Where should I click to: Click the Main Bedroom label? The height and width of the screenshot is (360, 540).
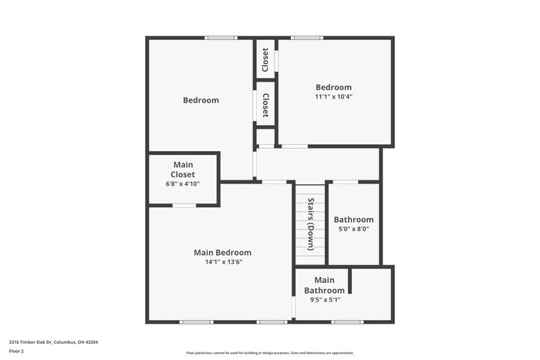coord(222,253)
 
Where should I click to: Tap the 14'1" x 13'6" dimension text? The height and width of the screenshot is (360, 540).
coord(222,262)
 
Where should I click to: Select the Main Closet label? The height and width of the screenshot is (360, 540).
coord(183,170)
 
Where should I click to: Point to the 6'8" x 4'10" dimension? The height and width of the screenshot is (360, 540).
coord(183,183)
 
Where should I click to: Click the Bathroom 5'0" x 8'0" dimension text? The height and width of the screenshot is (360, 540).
coord(353,229)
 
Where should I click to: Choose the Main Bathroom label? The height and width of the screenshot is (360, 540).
coord(324,285)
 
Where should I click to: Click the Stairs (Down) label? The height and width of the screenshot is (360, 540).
coord(311,224)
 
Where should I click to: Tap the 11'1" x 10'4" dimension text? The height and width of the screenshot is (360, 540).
coord(333,97)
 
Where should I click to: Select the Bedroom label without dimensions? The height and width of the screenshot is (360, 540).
coord(201,100)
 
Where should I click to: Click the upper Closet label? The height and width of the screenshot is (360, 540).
coord(265,59)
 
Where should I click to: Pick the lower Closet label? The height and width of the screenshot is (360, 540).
coord(265,105)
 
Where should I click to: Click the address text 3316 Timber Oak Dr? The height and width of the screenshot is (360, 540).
coord(53,341)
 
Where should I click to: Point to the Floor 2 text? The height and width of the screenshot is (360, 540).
coord(16,351)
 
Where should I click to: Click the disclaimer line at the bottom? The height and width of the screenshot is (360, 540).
coord(269,353)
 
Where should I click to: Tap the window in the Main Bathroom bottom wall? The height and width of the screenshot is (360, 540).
coord(347,321)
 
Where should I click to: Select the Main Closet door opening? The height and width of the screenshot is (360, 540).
coord(184,205)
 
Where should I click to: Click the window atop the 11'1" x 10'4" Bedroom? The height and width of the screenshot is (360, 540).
coord(307,37)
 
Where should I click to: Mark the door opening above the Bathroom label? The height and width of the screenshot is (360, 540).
coord(345,182)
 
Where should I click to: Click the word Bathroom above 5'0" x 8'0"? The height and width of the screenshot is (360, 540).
coord(353,220)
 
